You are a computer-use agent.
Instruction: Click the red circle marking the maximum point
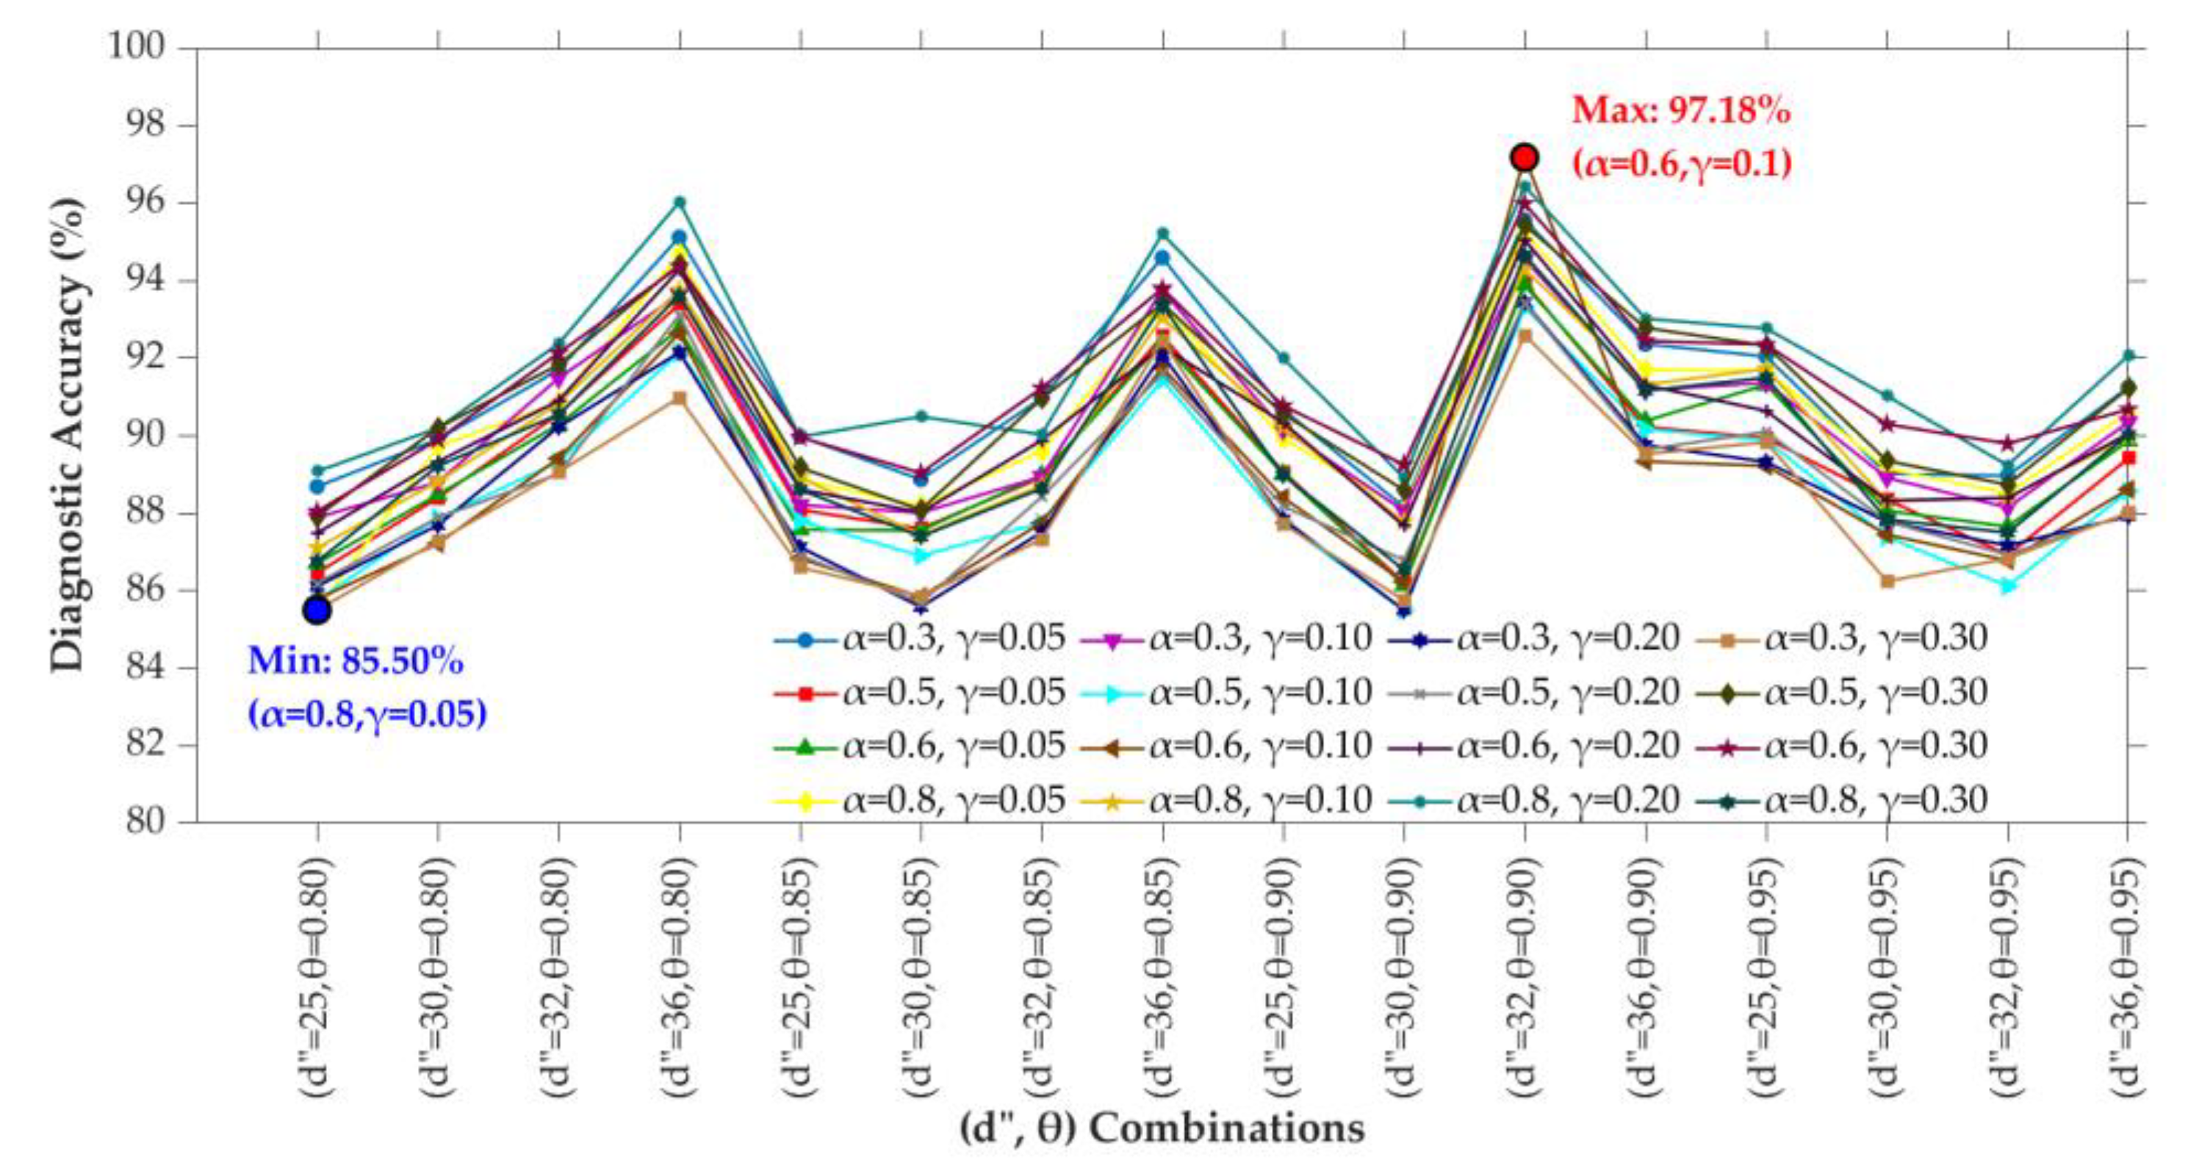1525,157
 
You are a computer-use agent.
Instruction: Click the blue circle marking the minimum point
317,610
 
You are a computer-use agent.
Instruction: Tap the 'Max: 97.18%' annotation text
1681,111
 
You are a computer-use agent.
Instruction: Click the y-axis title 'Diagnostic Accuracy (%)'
68,435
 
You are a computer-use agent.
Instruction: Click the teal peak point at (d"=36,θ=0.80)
680,202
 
